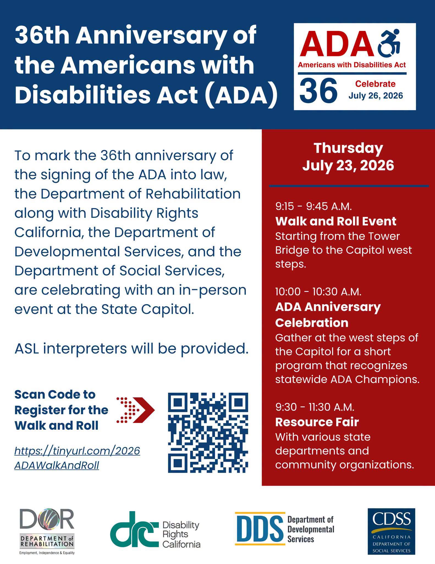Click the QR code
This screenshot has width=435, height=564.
click(x=208, y=433)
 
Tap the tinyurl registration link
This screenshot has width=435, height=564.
click(x=77, y=458)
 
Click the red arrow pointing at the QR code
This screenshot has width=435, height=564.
click(x=136, y=410)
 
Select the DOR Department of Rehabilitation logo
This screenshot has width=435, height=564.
click(x=47, y=532)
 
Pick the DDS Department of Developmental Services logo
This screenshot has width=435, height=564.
click(x=285, y=528)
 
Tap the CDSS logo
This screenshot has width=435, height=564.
click(x=391, y=531)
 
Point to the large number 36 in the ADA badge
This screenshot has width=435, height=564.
click(x=318, y=90)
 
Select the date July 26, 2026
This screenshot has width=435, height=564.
click(x=376, y=96)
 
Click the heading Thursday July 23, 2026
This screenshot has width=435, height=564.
click(x=348, y=157)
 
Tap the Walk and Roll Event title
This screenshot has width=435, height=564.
click(x=336, y=221)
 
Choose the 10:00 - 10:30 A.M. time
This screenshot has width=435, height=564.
click(x=318, y=292)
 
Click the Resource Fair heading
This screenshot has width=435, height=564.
click(x=317, y=422)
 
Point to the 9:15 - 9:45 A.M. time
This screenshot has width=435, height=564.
click(x=313, y=206)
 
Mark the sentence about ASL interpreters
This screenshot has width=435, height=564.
click(x=131, y=349)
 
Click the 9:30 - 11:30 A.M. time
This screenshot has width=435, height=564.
click(x=315, y=407)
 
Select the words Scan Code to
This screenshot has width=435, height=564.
click(x=55, y=395)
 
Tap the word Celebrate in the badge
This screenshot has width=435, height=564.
click(x=375, y=84)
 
